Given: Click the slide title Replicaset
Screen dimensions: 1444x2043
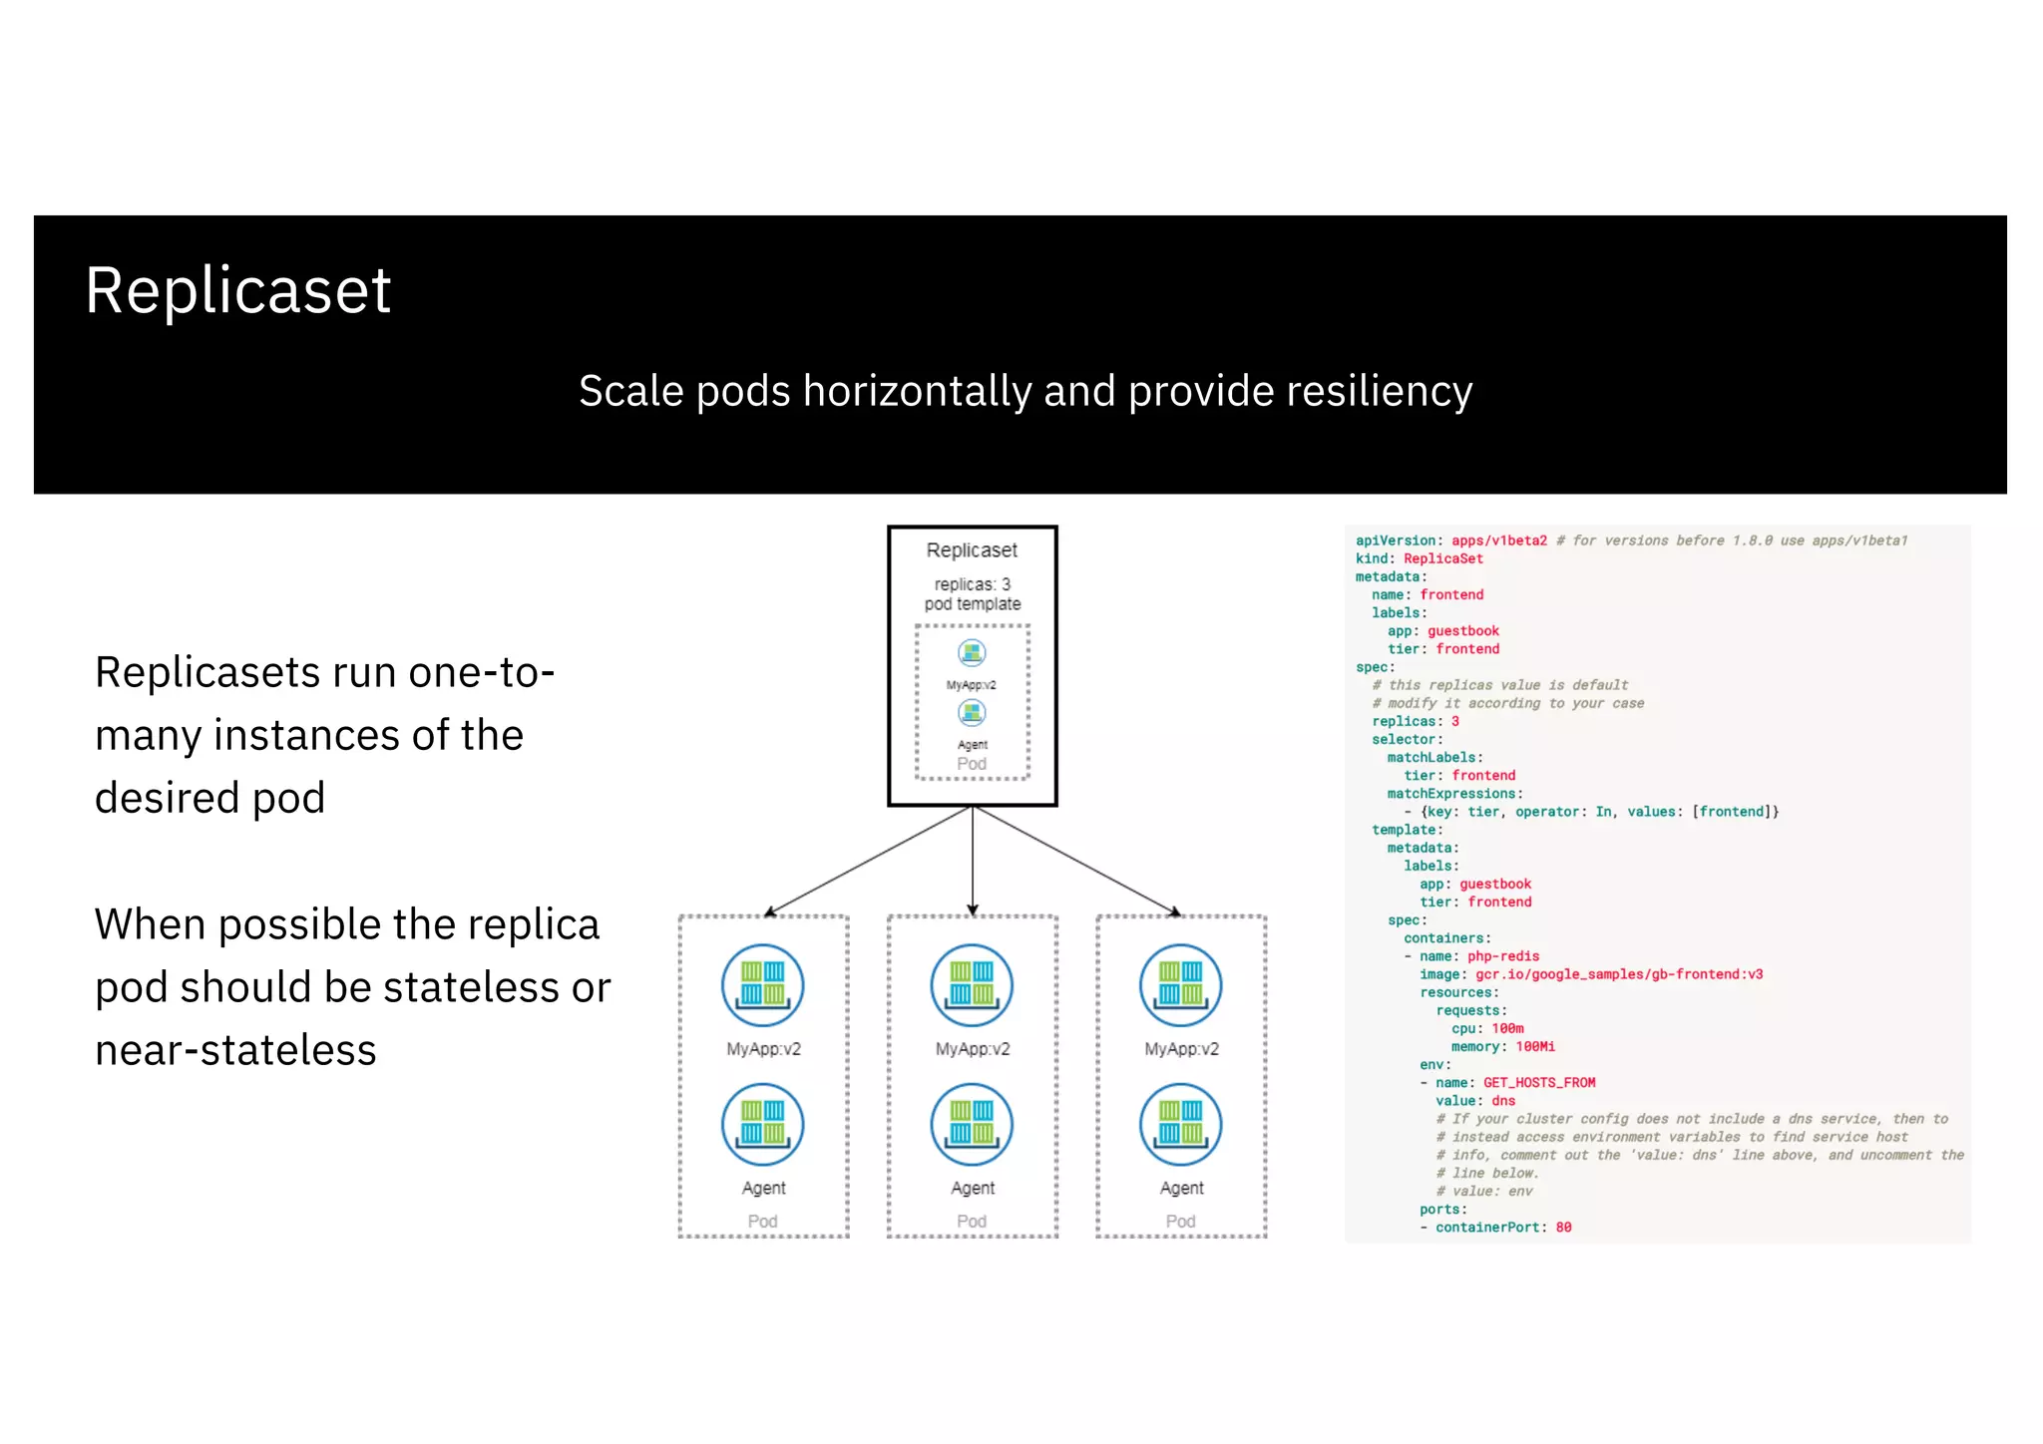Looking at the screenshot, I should [x=237, y=291].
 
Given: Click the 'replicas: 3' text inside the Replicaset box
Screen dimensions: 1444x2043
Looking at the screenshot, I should [x=972, y=584].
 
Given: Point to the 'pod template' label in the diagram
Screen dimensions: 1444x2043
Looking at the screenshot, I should [x=972, y=604].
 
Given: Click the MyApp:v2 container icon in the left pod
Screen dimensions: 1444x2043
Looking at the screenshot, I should [x=763, y=985].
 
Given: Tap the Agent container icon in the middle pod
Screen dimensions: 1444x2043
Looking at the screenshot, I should [x=972, y=1125].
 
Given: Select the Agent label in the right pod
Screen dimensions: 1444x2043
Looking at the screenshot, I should [x=1181, y=1188].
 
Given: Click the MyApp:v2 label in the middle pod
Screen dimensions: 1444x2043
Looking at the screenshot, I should [x=972, y=1049].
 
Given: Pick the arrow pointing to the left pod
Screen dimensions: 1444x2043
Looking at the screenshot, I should [x=868, y=861].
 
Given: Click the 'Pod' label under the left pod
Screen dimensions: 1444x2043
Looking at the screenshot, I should [x=763, y=1222].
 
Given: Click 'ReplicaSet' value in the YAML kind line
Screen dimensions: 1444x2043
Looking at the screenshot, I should [x=1442, y=559].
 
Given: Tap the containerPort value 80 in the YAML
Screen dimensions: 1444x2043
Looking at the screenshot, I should [x=1563, y=1228].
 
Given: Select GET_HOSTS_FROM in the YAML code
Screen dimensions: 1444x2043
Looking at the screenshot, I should [x=1539, y=1083].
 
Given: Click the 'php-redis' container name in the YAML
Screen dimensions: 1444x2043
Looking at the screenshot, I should [x=1503, y=956].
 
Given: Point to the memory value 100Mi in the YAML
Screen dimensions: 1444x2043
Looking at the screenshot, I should [x=1535, y=1047].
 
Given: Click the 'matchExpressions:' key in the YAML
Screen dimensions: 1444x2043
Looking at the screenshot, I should [x=1454, y=794].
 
